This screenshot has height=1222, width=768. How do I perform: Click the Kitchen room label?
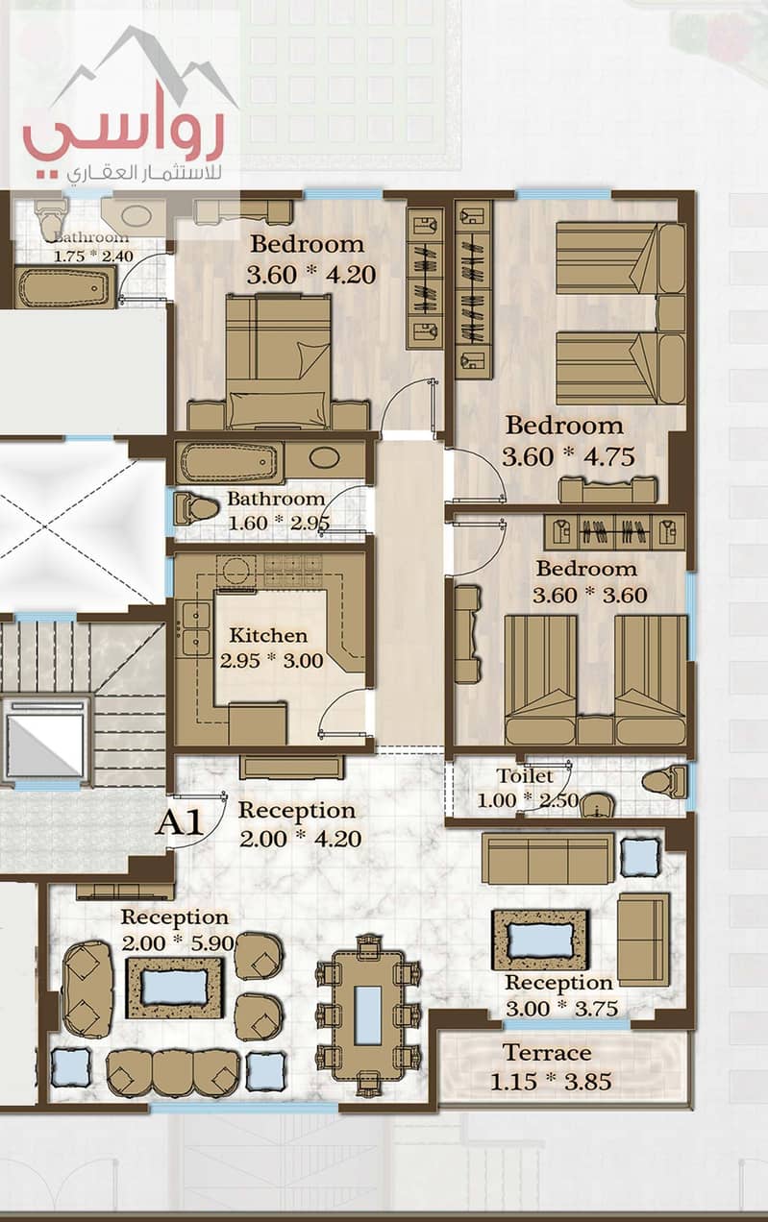[268, 636]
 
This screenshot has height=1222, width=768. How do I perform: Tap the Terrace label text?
[547, 1053]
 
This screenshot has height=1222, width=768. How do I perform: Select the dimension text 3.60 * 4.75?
[568, 456]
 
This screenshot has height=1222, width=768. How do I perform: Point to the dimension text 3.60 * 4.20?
[311, 275]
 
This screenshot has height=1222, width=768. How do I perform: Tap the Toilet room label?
[525, 775]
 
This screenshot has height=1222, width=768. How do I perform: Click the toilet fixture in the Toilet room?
[664, 781]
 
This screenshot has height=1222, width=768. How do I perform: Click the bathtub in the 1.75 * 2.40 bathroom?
[64, 287]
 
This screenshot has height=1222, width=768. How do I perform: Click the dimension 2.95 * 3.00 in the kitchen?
[272, 661]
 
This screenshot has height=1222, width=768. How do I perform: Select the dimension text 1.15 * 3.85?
[551, 1082]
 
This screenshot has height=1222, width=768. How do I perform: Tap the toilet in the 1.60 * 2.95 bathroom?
[196, 509]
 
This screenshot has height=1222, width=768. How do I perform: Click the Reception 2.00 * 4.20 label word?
[297, 811]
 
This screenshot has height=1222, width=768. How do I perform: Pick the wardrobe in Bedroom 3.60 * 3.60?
[614, 531]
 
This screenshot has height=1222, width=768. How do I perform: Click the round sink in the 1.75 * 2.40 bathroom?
[134, 216]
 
